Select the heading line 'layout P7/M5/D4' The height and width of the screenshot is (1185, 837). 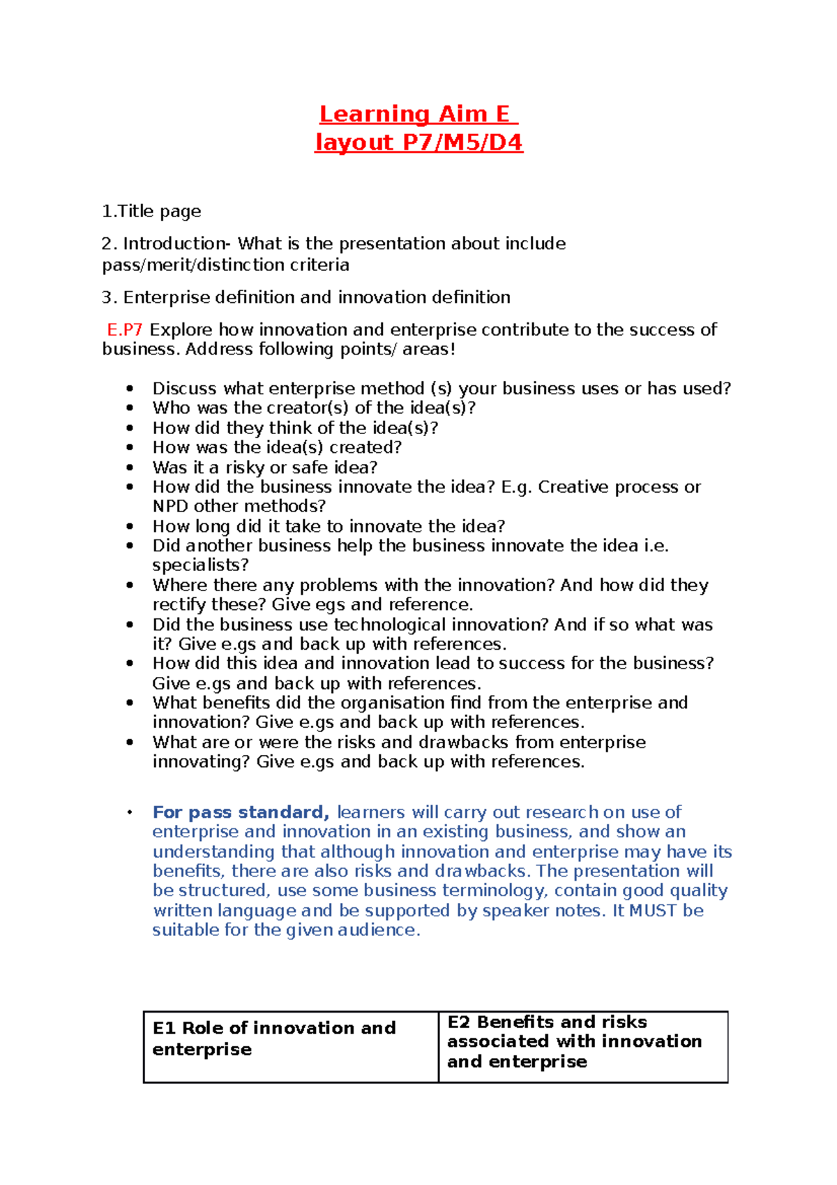(x=418, y=142)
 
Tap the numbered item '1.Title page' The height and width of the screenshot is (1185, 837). (x=151, y=211)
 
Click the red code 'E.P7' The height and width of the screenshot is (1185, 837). (x=124, y=329)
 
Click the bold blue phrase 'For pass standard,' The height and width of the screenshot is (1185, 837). (x=241, y=812)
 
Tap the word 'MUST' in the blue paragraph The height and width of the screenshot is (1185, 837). (x=654, y=910)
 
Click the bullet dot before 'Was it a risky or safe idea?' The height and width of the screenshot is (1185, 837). (x=130, y=468)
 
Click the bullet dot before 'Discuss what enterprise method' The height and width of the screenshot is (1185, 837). (x=130, y=389)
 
